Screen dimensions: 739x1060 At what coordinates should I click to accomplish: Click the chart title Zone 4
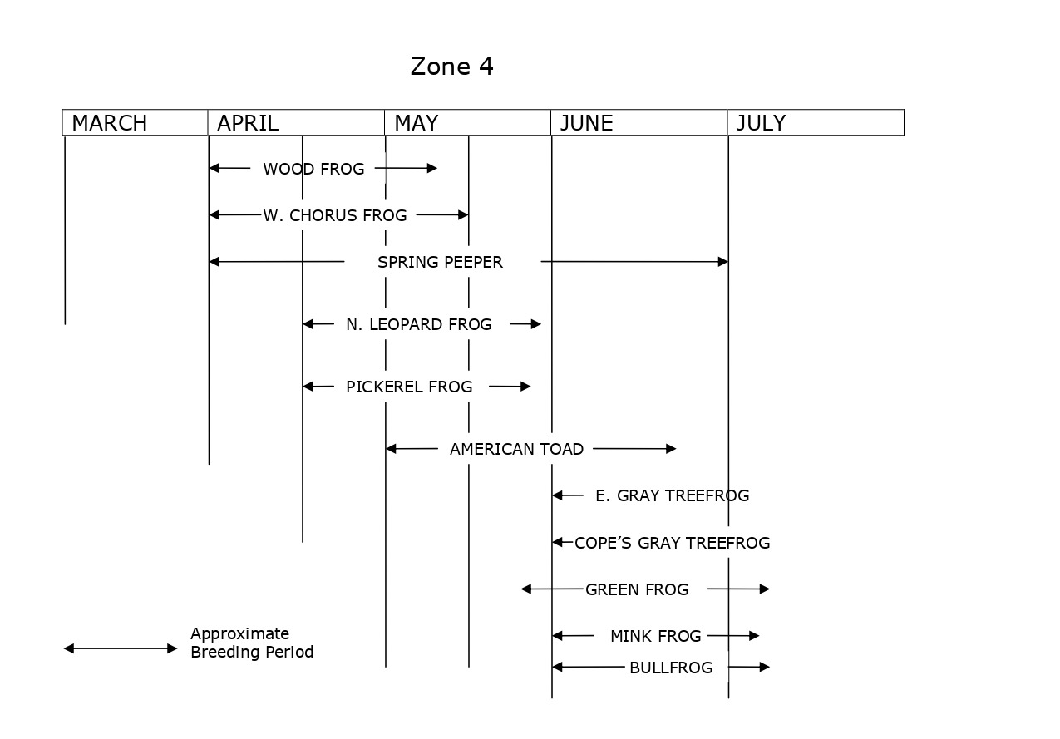451,67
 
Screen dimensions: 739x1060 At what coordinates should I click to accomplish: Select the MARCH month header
109,123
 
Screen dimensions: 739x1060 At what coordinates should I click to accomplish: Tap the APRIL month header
247,123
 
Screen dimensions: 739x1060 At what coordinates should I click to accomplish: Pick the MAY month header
416,123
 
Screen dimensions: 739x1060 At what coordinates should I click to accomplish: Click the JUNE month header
586,123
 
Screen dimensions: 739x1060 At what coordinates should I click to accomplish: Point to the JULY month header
760,123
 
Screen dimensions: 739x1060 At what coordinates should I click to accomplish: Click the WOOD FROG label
313,169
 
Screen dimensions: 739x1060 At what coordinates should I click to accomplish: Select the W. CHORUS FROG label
335,215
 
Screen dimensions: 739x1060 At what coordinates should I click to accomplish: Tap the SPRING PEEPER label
440,262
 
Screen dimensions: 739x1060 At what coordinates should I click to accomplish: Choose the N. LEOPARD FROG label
418,324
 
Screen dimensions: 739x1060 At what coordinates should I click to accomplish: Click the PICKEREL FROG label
409,387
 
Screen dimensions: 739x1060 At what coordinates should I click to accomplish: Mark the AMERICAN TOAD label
516,449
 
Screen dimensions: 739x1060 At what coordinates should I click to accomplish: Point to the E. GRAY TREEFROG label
672,495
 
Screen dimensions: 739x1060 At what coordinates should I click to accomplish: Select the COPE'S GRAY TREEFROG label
672,543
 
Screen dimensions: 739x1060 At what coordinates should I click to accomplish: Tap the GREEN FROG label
637,589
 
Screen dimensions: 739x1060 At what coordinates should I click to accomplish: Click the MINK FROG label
655,636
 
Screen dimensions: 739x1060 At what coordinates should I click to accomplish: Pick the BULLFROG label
671,668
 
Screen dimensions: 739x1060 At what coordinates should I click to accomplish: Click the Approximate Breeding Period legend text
252,643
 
